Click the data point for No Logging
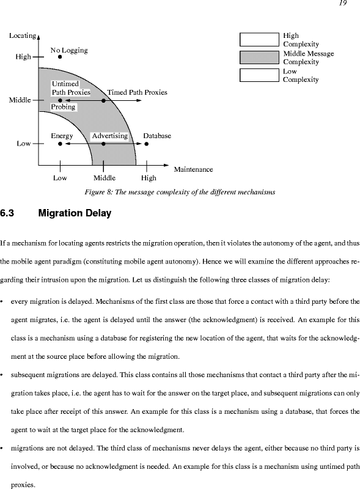point(60,57)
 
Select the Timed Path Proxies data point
point(103,100)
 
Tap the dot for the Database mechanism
point(147,144)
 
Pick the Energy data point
point(60,144)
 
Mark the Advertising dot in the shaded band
point(103,144)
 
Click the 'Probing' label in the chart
point(64,107)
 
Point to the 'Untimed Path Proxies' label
point(71,88)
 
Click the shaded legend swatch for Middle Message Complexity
point(259,57)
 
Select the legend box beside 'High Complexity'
point(259,40)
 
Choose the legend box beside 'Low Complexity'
point(259,75)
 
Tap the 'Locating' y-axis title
point(23,36)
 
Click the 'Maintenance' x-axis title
point(193,169)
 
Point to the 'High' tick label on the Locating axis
point(23,57)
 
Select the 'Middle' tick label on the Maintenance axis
point(105,178)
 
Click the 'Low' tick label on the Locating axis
point(24,144)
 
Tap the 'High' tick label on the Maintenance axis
point(149,178)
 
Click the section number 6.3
point(7,213)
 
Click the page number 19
point(342,3)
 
